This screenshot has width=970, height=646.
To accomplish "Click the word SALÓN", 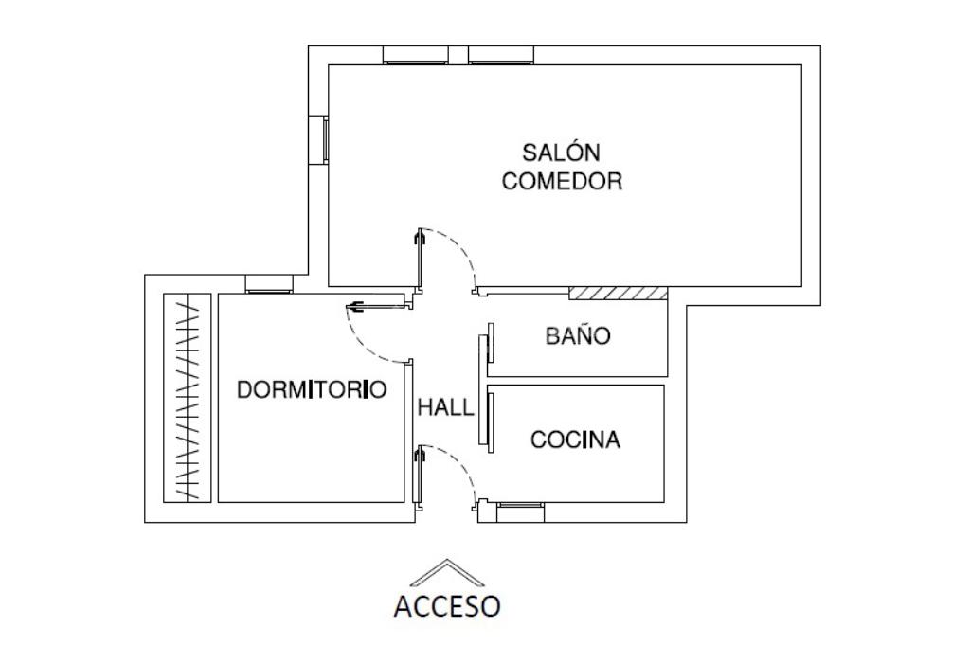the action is pyautogui.click(x=562, y=152).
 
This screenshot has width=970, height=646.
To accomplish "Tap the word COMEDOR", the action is pyautogui.click(x=562, y=182).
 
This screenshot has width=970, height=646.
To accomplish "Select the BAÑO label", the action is pyautogui.click(x=578, y=336).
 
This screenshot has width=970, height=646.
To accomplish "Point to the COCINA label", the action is pyautogui.click(x=575, y=440).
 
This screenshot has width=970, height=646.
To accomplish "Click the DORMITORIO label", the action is pyautogui.click(x=312, y=389).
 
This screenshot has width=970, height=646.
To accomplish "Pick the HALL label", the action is pyautogui.click(x=445, y=408).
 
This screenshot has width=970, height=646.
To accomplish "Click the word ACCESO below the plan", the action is pyautogui.click(x=447, y=605).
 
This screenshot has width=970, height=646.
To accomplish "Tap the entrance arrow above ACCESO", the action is pyautogui.click(x=446, y=572).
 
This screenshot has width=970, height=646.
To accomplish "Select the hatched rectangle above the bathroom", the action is pyautogui.click(x=618, y=293).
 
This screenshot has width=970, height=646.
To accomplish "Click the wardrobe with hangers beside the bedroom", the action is pyautogui.click(x=187, y=398).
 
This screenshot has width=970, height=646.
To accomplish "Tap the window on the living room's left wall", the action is pyautogui.click(x=324, y=139).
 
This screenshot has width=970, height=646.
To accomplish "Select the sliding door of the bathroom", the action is pyautogui.click(x=491, y=344).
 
